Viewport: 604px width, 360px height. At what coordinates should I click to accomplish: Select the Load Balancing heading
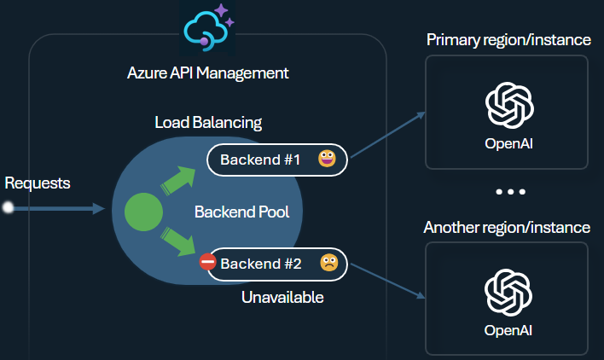(x=207, y=122)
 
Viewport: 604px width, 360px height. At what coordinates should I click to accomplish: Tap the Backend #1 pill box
(x=276, y=160)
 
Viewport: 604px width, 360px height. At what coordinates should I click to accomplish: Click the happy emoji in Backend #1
(x=327, y=160)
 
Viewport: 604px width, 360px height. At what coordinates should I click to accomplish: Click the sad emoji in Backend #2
(x=328, y=264)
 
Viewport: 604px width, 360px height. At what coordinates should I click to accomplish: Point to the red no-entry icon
(x=207, y=263)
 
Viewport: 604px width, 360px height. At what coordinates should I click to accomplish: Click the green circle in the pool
(x=144, y=212)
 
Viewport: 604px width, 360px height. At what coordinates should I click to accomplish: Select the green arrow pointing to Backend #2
(x=177, y=241)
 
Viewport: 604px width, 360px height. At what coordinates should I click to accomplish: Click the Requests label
(x=38, y=183)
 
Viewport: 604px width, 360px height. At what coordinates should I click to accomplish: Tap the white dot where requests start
(x=9, y=208)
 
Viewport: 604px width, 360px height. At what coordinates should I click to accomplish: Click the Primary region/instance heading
(x=508, y=40)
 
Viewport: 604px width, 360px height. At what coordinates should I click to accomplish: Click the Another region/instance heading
(x=507, y=228)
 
